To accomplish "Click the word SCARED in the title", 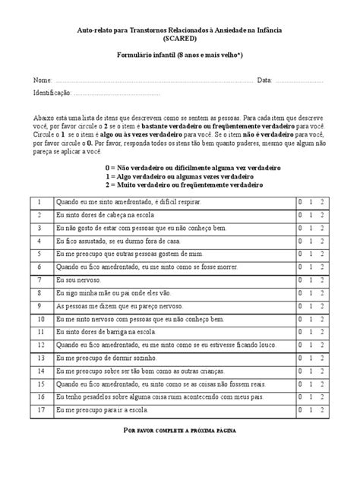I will [179, 36].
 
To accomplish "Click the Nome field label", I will [42, 80].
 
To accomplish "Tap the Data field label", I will [264, 80].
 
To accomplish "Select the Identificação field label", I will [52, 93].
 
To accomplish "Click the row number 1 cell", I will [39, 201].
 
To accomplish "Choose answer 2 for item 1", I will [322, 201].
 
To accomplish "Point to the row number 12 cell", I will [39, 347].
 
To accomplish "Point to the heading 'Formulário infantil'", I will [179, 55].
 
